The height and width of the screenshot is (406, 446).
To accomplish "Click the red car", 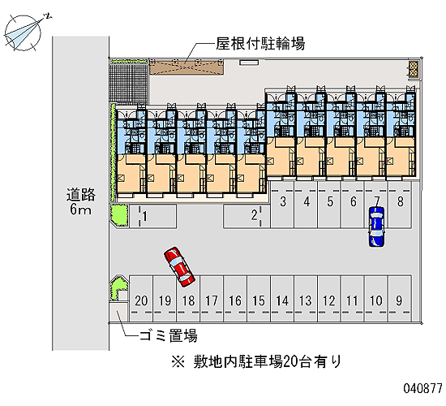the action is [179, 266].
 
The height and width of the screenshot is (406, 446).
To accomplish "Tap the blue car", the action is [376, 227].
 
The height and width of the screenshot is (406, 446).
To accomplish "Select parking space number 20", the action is [141, 298].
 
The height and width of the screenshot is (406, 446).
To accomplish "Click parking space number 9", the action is [400, 298].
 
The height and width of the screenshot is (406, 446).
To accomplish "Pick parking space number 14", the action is [282, 298].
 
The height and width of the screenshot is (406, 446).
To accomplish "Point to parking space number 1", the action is [152, 216].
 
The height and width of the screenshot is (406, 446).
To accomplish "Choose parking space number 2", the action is [247, 216].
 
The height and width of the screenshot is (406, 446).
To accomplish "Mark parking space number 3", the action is [282, 205].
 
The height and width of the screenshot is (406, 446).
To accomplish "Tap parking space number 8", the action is [400, 205].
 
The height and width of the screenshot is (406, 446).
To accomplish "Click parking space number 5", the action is [329, 205].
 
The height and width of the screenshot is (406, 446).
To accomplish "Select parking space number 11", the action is [353, 298].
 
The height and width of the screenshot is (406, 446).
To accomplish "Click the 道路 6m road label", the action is [81, 201].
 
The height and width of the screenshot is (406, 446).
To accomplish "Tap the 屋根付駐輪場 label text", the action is [260, 44].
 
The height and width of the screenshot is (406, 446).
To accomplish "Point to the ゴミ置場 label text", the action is [169, 335].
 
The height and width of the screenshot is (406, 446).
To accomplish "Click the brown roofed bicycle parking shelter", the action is [187, 67].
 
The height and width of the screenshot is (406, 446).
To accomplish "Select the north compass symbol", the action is [24, 32].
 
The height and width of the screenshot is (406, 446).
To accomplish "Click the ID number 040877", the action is [423, 388].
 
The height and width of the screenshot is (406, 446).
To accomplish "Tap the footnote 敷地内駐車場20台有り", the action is [256, 362].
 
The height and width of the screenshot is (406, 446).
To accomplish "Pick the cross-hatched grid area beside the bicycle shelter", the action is [129, 83].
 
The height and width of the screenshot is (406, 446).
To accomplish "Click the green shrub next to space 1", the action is [119, 216].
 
